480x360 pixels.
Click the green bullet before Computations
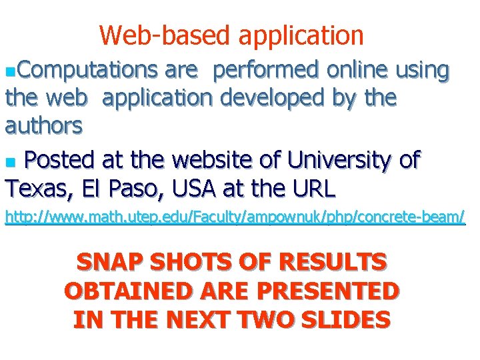(8, 70)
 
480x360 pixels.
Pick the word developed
(269, 98)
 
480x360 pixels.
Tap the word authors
(44, 125)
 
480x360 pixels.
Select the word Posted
(63, 161)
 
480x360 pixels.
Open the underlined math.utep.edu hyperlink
(235, 217)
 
